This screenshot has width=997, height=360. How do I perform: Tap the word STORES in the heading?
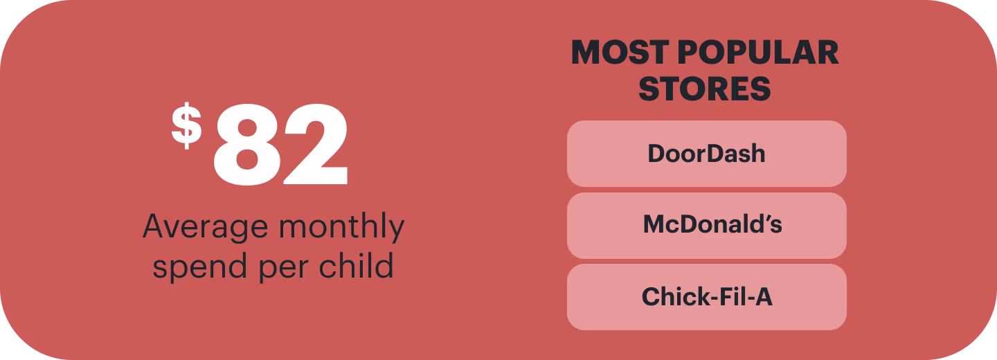pos(705,89)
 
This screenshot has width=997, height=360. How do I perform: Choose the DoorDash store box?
pos(706,154)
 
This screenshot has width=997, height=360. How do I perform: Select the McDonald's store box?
pos(706,225)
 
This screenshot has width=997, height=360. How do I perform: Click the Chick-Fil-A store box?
pos(706,296)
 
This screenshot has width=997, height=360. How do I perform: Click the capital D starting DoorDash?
pos(655,154)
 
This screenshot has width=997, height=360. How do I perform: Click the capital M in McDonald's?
pos(652,225)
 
